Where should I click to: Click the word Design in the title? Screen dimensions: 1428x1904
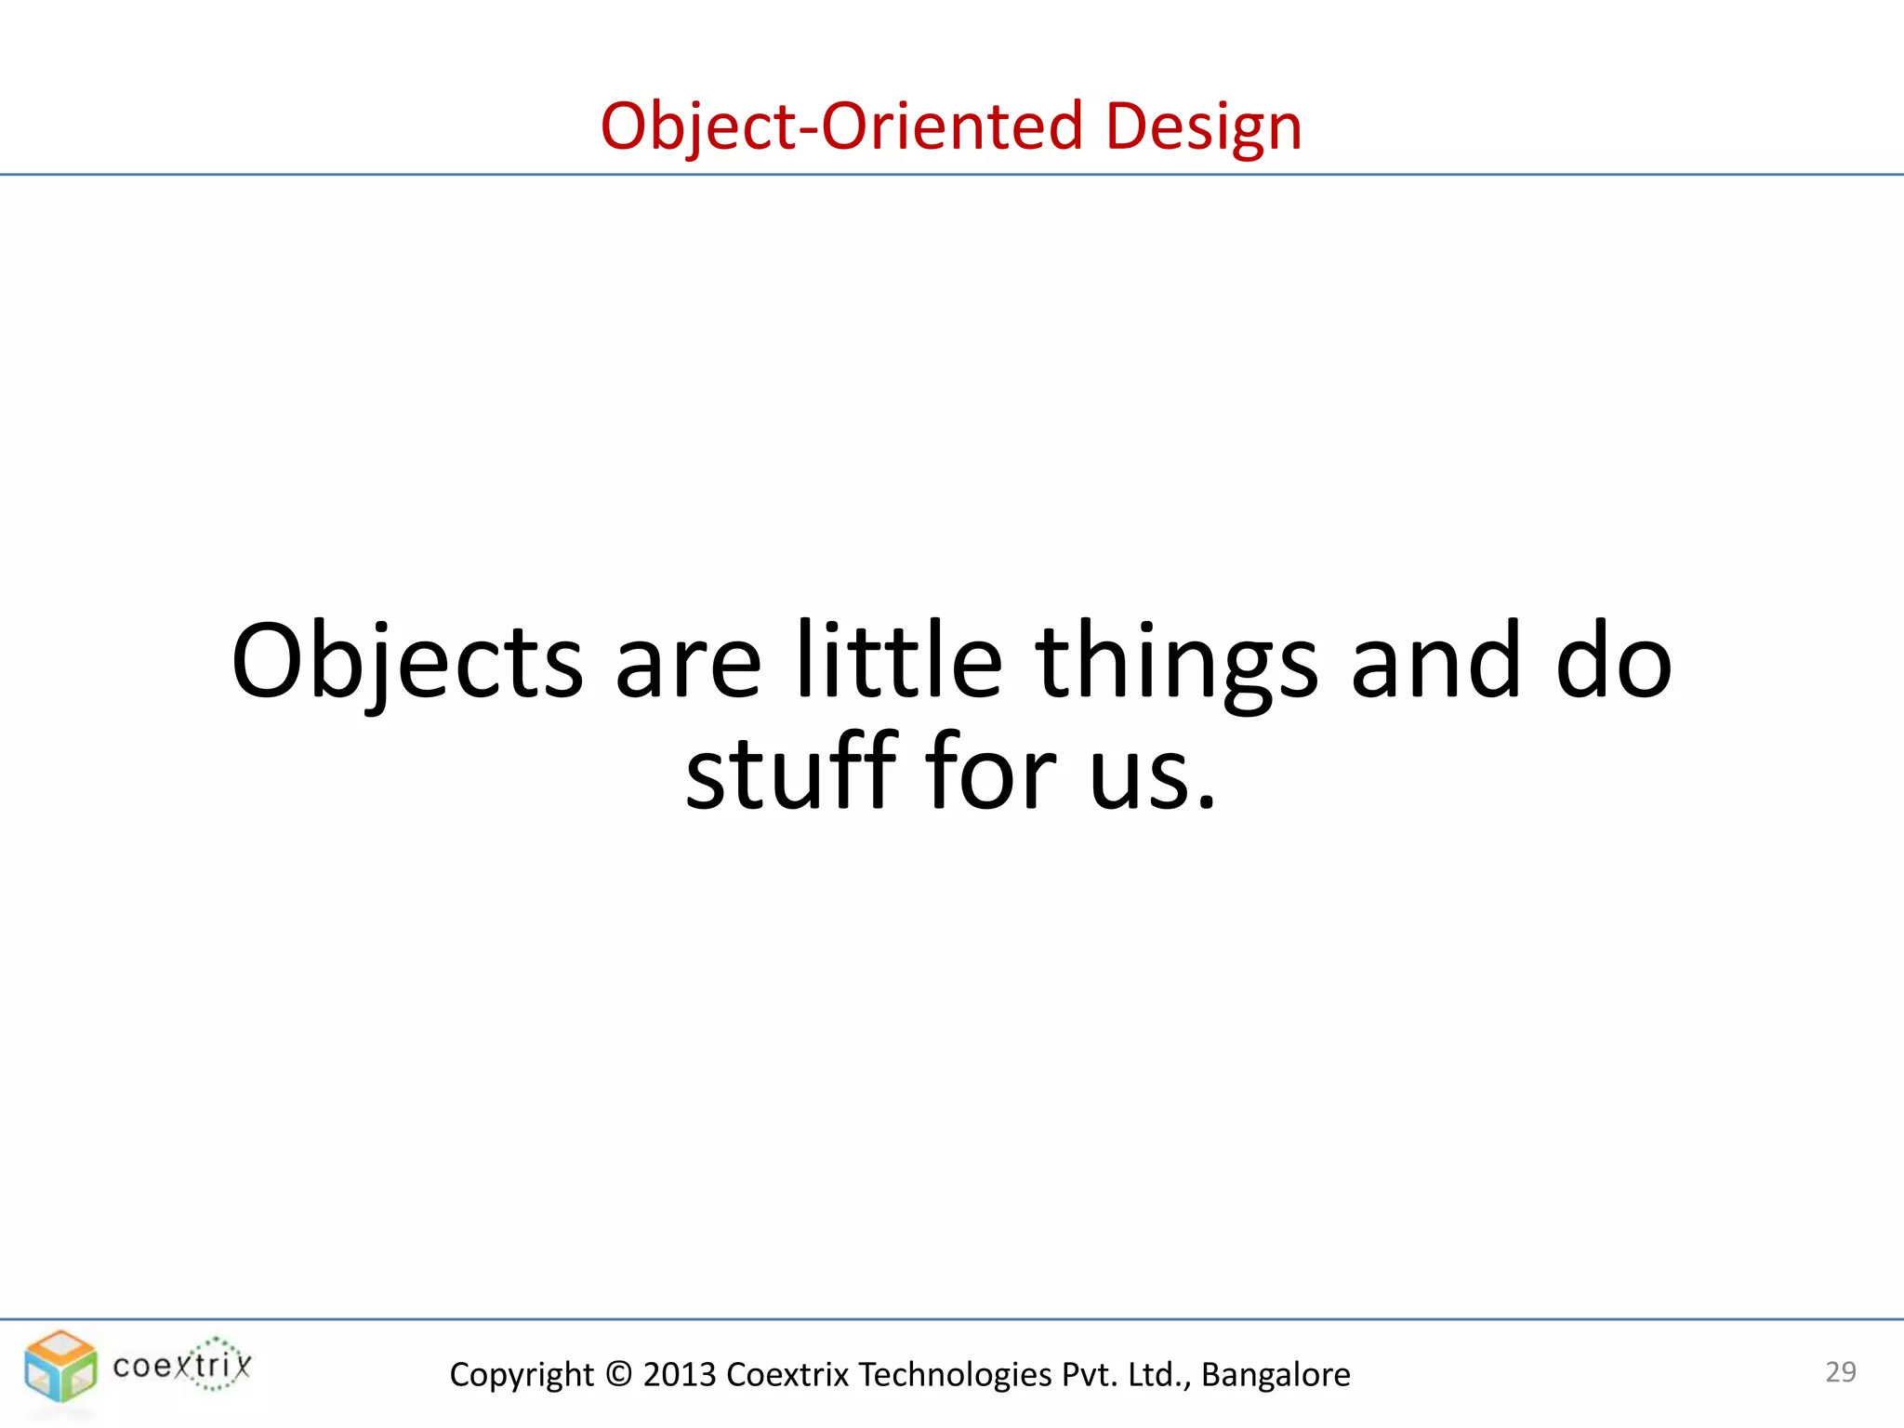[1203, 126]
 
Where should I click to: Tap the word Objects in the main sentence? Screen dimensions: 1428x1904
[407, 662]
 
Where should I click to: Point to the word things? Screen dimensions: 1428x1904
[1176, 662]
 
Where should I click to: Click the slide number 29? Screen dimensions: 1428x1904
[1841, 1372]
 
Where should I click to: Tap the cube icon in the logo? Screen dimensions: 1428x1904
[60, 1366]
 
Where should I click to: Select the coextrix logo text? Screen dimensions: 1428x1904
[182, 1366]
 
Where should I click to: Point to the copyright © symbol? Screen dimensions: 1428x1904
[618, 1374]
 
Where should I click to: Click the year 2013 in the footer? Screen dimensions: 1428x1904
[680, 1374]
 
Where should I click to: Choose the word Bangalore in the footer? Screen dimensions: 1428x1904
[1276, 1374]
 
